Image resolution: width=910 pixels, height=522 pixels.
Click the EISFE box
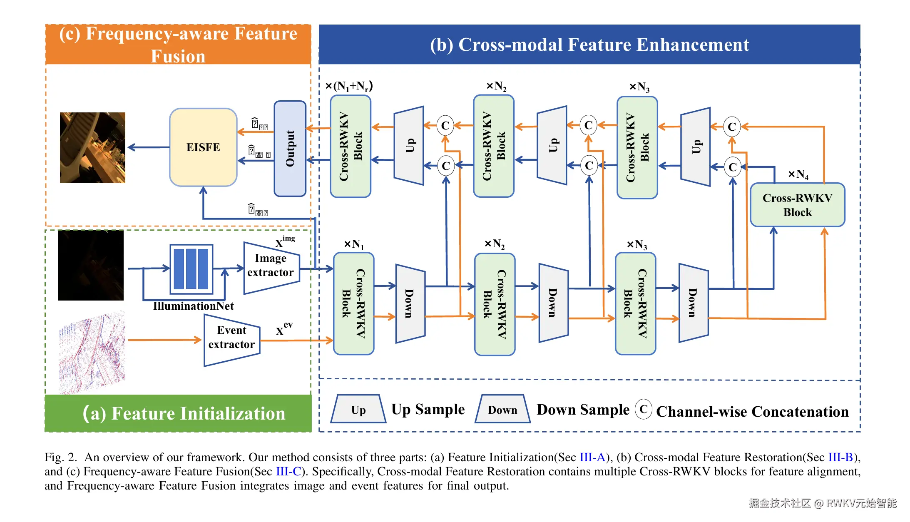(203, 147)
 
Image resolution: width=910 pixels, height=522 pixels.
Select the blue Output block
(290, 148)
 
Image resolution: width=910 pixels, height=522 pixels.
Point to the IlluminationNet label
(193, 306)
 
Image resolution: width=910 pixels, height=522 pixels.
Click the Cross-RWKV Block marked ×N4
(797, 205)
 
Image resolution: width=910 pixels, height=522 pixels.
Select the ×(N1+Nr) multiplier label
(349, 86)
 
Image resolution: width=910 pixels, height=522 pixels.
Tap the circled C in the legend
(643, 409)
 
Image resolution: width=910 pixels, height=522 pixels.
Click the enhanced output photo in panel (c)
(92, 148)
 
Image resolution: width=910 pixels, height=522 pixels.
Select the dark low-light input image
(91, 265)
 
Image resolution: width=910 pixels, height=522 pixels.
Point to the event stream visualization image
(92, 352)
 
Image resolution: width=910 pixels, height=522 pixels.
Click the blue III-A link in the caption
(592, 457)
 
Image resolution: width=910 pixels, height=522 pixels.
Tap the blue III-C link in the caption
(288, 472)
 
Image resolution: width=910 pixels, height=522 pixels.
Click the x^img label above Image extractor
(285, 241)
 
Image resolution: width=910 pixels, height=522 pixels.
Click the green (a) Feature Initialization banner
(178, 413)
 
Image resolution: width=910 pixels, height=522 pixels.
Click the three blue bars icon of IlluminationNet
(191, 269)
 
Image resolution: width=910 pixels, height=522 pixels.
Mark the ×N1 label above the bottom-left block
(353, 244)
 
